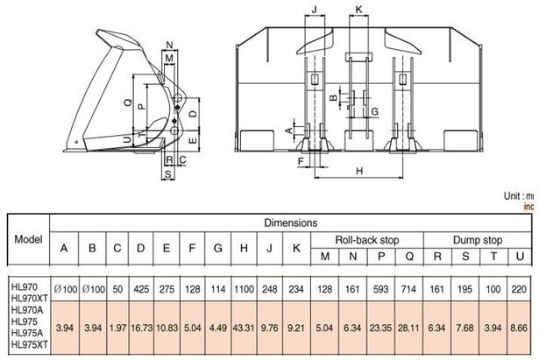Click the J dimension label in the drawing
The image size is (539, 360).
pos(315,11)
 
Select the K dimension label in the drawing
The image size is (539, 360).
pos(359,11)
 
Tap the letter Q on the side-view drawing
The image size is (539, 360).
pos(129,102)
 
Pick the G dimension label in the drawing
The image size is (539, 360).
pos(374,111)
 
